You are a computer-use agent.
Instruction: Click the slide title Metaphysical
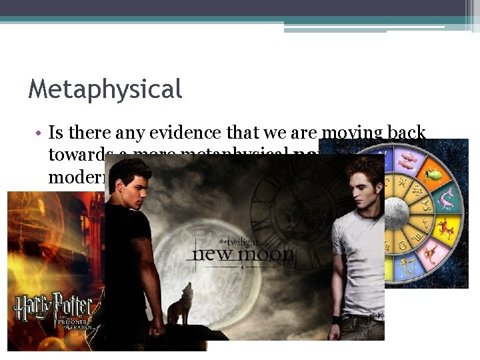[x=105, y=89]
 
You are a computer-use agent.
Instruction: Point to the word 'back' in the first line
[x=405, y=133]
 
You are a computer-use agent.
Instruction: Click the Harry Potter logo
[x=53, y=307]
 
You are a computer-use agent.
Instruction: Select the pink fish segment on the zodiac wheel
[x=405, y=159]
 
